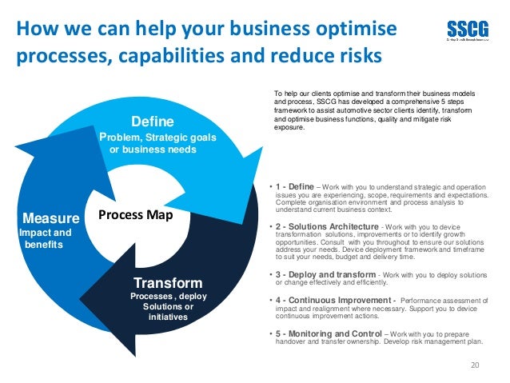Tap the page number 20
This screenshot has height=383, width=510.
pyautogui.click(x=477, y=365)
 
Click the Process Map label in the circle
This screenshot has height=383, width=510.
pyautogui.click(x=130, y=216)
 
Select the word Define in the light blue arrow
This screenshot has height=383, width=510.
pyautogui.click(x=153, y=122)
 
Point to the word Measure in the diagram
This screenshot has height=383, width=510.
pyautogui.click(x=51, y=218)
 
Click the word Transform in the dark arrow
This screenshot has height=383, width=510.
pyautogui.click(x=168, y=284)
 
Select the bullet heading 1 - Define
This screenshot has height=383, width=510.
pyautogui.click(x=296, y=186)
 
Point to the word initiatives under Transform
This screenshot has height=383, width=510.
pyautogui.click(x=168, y=317)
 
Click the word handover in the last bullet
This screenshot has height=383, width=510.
pyautogui.click(x=292, y=341)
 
